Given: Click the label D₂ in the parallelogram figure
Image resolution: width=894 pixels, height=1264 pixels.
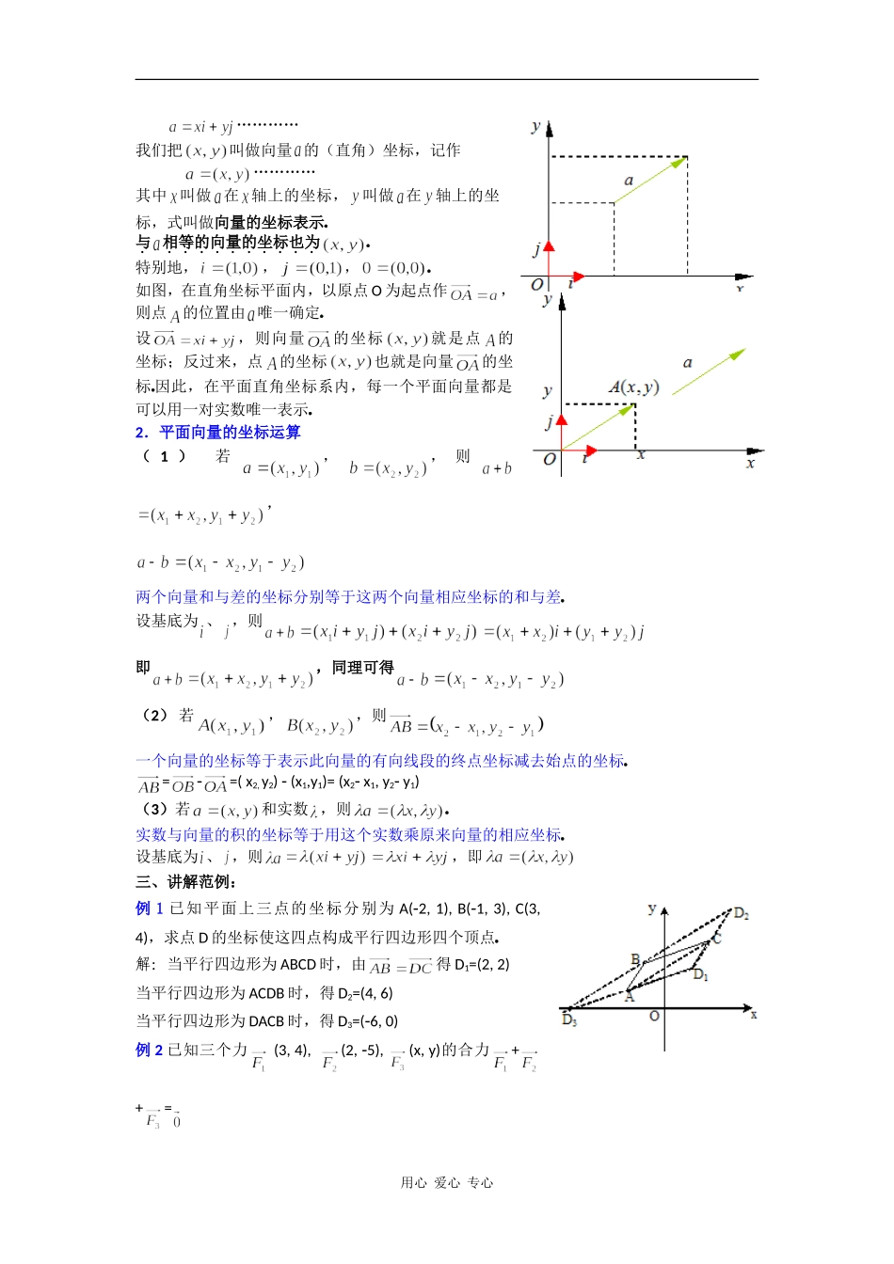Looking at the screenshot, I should [x=742, y=913].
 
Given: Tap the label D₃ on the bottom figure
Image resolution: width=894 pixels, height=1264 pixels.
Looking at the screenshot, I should [x=569, y=1020].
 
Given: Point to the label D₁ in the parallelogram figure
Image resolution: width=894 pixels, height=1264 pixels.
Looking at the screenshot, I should [x=701, y=975].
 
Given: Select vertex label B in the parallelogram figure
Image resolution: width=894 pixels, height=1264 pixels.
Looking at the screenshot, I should [x=635, y=959].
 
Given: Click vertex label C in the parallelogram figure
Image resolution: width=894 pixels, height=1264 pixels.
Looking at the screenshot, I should [x=717, y=939].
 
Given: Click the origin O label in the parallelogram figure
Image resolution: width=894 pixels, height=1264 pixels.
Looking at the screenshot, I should [x=654, y=1016].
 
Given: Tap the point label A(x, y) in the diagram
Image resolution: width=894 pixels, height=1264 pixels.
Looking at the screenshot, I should [x=633, y=387].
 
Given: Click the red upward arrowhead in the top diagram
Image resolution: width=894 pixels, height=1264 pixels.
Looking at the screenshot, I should [x=549, y=246].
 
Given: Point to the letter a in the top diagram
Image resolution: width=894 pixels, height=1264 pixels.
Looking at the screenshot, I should [x=629, y=181].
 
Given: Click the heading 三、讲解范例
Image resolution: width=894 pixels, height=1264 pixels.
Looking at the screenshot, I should [x=186, y=882].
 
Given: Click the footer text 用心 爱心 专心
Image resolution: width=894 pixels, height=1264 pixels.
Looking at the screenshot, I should [x=447, y=1183].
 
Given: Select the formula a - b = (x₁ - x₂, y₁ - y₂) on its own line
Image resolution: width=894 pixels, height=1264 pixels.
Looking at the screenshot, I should [x=221, y=563].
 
